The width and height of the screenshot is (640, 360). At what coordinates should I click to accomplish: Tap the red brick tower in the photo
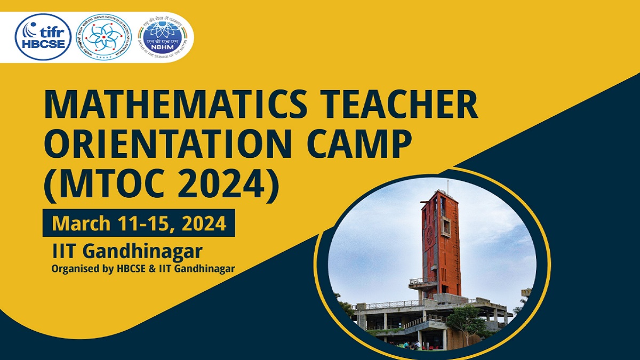(441, 240)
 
